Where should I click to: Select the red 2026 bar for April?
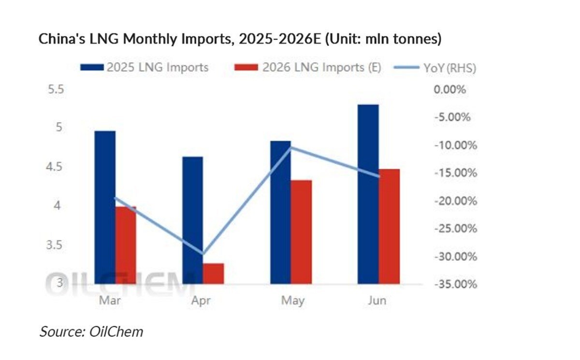click(213, 274)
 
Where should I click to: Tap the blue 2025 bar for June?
click(368, 193)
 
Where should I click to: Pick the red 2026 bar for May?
click(301, 232)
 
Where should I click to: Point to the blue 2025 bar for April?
click(192, 220)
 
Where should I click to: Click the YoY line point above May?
click(290, 147)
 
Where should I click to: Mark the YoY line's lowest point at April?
click(203, 254)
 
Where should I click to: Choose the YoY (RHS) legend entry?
click(435, 68)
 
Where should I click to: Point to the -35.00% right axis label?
click(454, 284)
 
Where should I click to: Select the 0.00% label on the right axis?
click(449, 90)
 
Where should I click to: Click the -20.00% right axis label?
click(454, 201)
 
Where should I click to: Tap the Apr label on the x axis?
click(201, 301)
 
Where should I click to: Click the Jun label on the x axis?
click(377, 301)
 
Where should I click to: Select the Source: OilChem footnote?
click(91, 332)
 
